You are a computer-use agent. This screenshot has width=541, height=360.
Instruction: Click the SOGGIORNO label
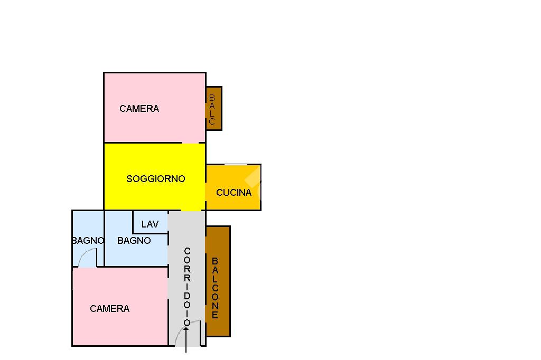coord(156,178)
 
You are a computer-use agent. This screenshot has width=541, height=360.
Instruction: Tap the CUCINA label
coord(234,193)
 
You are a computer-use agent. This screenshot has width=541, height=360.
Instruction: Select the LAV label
coord(150,224)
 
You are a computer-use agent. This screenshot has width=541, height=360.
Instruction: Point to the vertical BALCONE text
coord(215,288)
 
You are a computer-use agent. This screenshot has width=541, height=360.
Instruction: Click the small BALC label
coord(212,109)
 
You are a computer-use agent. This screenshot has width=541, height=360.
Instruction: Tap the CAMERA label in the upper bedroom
coord(139,109)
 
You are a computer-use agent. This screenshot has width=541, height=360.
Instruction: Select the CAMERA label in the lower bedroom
coord(110,309)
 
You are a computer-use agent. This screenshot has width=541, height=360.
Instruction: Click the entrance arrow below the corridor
coord(186,339)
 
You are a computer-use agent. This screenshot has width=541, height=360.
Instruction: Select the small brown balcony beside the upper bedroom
coord(214,109)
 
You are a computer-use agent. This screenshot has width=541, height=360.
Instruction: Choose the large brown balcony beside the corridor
coord(218,281)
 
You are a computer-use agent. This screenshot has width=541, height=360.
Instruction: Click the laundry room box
coord(151,222)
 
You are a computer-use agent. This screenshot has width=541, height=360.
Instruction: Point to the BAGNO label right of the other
coord(134,241)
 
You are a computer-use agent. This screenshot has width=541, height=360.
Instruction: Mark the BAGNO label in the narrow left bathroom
coord(88,241)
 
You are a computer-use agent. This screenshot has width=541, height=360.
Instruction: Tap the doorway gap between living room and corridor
coord(190,210)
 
